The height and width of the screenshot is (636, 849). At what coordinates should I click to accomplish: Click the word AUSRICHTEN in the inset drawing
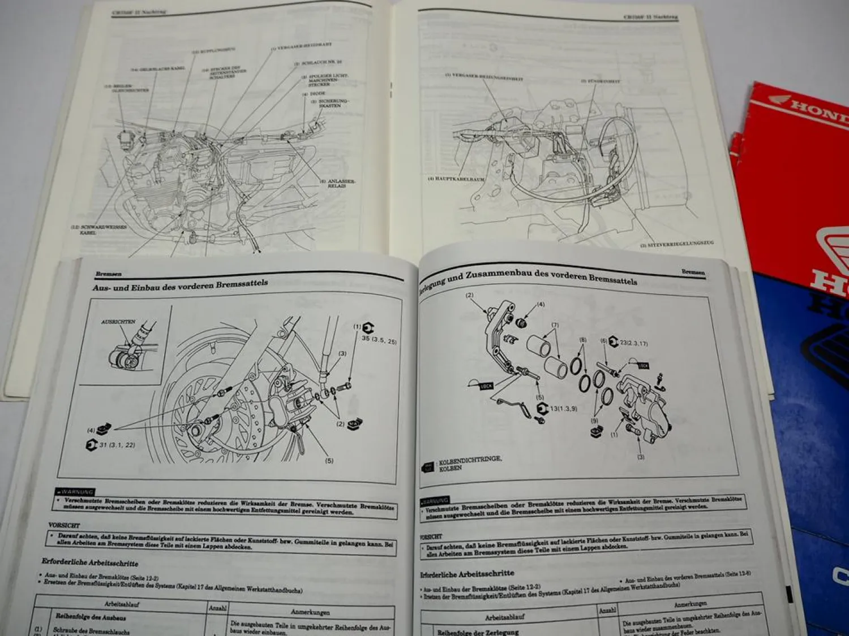[x=118, y=321]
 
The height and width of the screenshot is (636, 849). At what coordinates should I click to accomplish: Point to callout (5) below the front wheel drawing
[x=329, y=460]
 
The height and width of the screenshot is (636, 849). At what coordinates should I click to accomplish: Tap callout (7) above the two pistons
[x=555, y=325]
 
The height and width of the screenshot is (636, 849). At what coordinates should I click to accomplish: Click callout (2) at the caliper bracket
[x=469, y=295]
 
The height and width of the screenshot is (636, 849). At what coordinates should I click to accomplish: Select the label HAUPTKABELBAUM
[x=456, y=179]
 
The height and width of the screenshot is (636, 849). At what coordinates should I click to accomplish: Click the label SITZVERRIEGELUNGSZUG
[x=677, y=244]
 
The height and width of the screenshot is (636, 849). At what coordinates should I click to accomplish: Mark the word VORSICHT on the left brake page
[x=64, y=525]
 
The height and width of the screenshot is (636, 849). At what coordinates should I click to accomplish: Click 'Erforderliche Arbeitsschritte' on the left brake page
[x=89, y=563]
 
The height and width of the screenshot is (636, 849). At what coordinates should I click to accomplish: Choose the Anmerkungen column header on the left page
[x=310, y=612]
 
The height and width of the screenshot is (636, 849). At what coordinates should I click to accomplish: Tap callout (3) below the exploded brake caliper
[x=640, y=457]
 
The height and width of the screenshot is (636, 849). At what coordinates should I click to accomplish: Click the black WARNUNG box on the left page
[x=75, y=492]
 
